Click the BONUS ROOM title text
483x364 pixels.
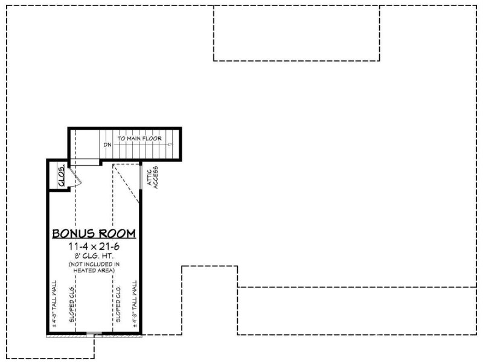click(94, 234)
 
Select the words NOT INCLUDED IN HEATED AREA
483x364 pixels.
click(94, 268)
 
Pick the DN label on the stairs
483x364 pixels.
click(107, 145)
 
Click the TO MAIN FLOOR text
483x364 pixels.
click(139, 139)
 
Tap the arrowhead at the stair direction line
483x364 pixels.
click(171, 145)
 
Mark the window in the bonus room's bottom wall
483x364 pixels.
click(94, 334)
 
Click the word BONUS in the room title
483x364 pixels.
click(74, 234)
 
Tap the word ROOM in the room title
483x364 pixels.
click(117, 234)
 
